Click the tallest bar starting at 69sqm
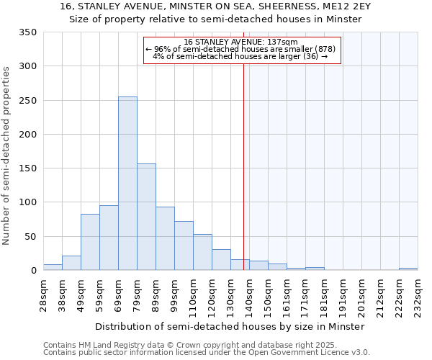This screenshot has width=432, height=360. tap(127, 184)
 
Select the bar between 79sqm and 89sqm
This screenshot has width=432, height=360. tap(146, 217)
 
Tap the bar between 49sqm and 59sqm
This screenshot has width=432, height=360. tap(90, 242)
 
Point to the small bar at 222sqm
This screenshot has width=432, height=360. tap(408, 269)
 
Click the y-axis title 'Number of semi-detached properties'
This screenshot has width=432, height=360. tap(6, 156)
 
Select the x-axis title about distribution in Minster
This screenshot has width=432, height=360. tap(230, 326)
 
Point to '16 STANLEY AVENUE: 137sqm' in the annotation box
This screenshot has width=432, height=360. tap(241, 42)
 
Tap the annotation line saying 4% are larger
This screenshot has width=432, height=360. tap(241, 56)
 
